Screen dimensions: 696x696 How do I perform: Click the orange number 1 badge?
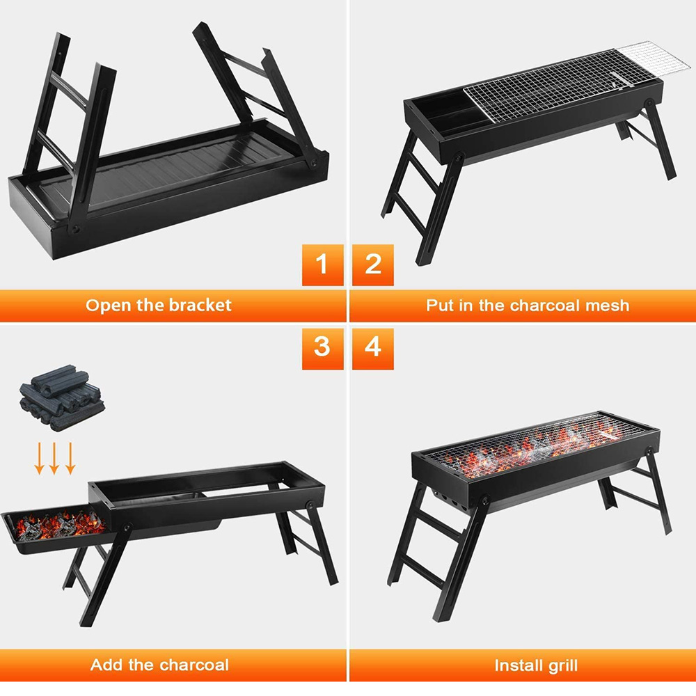point(322,264)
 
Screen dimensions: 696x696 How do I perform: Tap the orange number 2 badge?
point(373,264)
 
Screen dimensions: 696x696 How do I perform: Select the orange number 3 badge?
point(322,349)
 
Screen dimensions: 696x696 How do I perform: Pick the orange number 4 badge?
point(373,349)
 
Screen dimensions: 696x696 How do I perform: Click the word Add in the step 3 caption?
point(106,665)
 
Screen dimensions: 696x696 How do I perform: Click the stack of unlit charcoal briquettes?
point(62,397)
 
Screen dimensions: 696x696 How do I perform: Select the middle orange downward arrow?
point(54,459)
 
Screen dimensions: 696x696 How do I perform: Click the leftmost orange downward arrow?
point(39,459)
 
